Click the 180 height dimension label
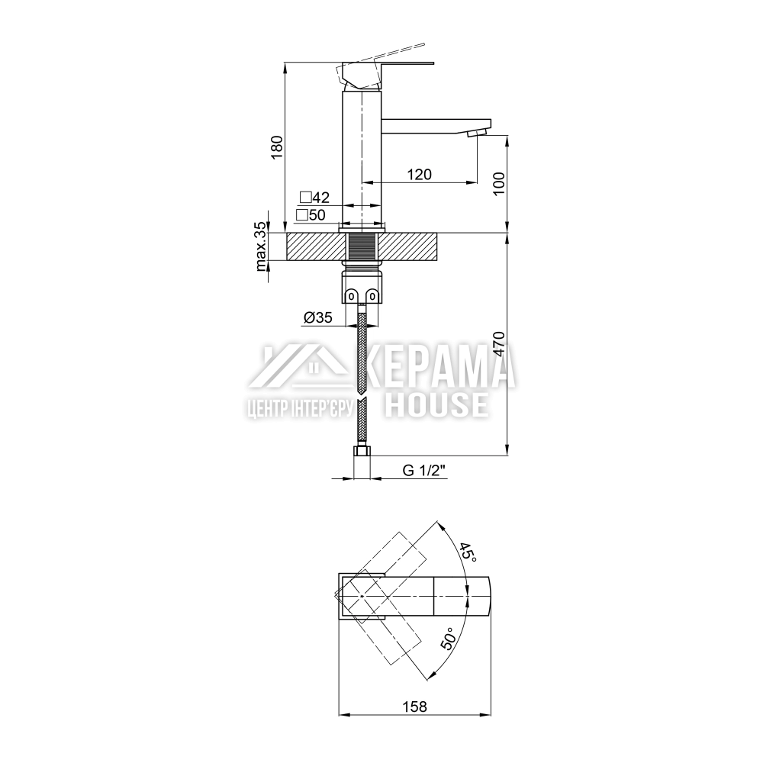coord(276,146)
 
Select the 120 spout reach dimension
coord(419,174)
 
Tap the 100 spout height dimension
coord(499,183)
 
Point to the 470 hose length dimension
coord(499,344)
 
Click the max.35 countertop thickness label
coord(261,246)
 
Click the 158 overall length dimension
coord(415,706)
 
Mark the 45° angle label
coord(468,552)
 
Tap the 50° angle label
coord(448,639)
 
